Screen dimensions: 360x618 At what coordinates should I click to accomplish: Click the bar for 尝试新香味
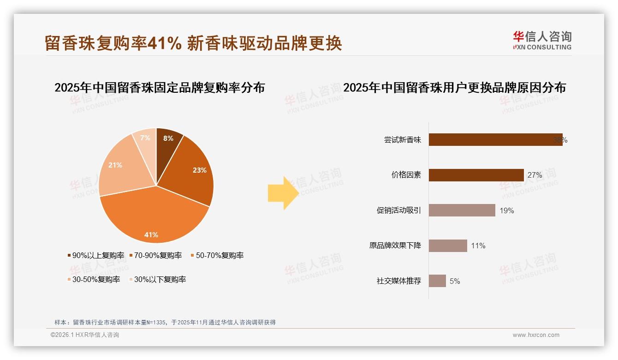tap(495, 140)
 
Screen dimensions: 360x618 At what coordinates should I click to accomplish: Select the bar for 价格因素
tap(476, 175)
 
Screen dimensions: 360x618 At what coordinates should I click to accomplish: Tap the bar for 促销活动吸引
tap(462, 210)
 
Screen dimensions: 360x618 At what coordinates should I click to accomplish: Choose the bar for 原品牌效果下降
tap(448, 246)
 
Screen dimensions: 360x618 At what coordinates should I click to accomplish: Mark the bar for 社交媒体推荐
tap(437, 281)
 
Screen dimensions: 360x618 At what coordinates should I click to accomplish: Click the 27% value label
tap(535, 175)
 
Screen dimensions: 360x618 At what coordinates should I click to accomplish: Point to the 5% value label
tap(455, 281)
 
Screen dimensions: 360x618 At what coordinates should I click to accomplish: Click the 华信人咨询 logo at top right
tap(542, 40)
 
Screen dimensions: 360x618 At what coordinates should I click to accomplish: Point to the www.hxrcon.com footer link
tap(536, 335)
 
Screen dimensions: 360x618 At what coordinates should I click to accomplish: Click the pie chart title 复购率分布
tap(160, 87)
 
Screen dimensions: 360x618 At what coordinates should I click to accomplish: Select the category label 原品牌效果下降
tap(395, 246)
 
